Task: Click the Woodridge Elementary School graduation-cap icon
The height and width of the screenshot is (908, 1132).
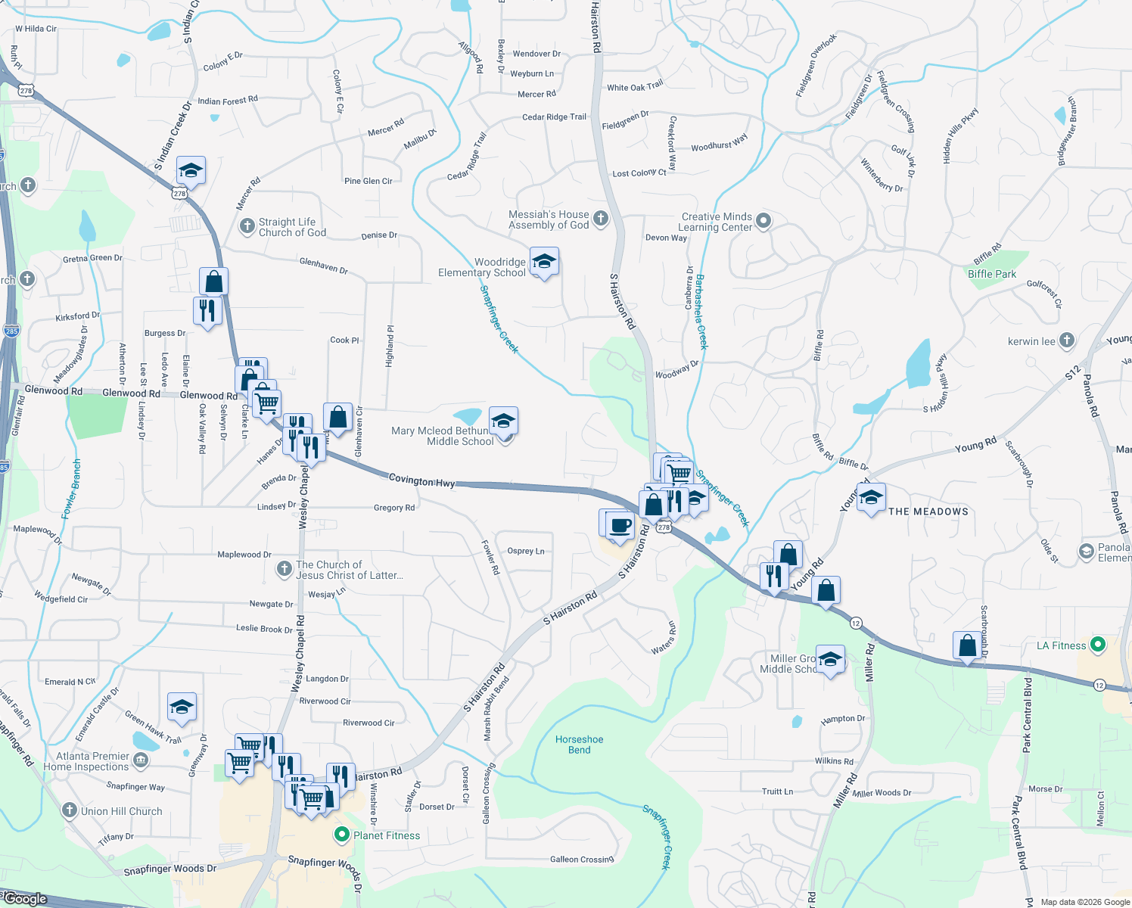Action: (544, 262)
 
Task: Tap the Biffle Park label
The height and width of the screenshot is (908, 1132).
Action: (992, 274)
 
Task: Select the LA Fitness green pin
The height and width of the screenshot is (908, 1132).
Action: (1098, 645)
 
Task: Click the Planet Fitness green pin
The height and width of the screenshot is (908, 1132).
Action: (341, 835)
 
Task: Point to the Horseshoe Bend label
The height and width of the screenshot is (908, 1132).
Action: (579, 745)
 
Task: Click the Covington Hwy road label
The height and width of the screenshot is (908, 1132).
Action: (421, 480)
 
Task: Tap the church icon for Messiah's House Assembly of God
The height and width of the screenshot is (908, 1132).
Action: (601, 219)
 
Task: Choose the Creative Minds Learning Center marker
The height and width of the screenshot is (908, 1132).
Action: (763, 221)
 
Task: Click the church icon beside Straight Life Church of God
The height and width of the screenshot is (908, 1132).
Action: (247, 226)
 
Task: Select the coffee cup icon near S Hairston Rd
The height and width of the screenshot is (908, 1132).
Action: (620, 525)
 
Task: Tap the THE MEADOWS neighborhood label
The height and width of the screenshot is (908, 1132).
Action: (928, 512)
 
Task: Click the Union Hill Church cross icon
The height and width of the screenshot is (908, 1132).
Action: (69, 811)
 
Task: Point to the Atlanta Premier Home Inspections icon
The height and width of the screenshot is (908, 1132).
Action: (141, 760)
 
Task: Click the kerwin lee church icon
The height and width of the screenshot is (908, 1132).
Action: (1067, 340)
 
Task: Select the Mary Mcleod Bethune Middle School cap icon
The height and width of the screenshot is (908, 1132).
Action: (503, 420)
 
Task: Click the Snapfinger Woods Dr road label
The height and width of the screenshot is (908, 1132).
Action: (169, 869)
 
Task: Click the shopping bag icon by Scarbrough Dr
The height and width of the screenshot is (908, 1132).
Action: (967, 645)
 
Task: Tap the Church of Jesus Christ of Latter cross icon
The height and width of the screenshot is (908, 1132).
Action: (284, 569)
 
